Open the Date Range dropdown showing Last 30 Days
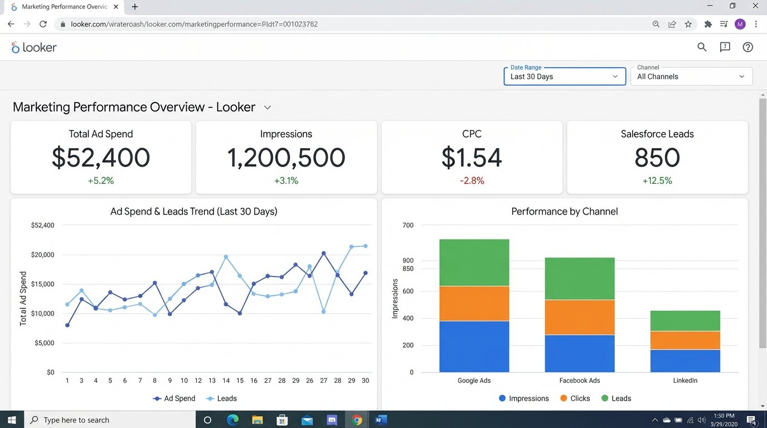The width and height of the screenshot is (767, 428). tap(564, 76)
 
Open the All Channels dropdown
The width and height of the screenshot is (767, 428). tap(691, 76)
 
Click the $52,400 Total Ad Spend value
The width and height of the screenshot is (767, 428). tap(101, 158)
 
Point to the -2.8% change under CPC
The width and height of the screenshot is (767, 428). tap(472, 181)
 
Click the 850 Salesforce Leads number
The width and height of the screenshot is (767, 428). tap(657, 158)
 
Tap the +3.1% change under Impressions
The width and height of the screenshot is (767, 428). tap(286, 181)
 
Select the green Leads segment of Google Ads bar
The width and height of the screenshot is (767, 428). tap(474, 262)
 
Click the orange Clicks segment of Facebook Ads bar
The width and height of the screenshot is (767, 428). tap(579, 317)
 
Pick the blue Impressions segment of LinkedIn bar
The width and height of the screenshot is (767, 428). tap(685, 361)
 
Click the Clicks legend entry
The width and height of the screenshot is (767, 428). tap(575, 398)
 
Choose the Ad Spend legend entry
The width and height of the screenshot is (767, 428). tap(174, 398)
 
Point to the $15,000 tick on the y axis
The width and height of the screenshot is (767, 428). tap(43, 284)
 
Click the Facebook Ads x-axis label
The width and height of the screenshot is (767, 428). tap(579, 381)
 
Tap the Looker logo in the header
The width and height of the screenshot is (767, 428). tap(34, 47)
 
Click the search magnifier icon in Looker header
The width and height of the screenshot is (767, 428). tap(702, 47)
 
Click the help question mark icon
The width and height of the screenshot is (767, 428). tap(747, 47)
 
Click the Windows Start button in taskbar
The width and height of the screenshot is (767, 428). tap(12, 420)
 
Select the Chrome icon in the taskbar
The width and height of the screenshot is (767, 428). tap(357, 420)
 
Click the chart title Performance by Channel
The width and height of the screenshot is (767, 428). tap(564, 212)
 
